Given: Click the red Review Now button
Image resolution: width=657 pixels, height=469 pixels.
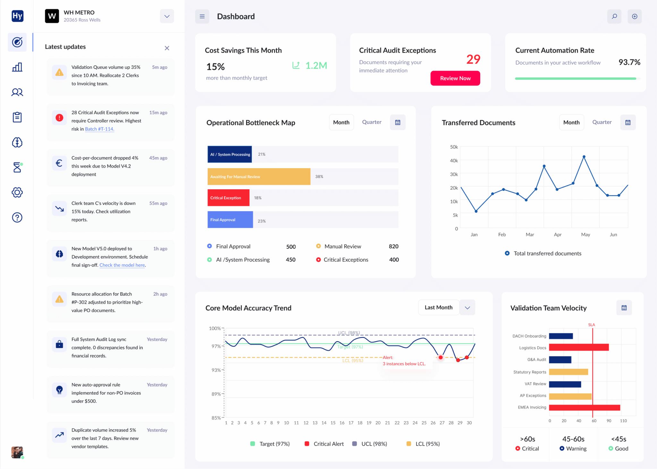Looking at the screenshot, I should click(x=455, y=78).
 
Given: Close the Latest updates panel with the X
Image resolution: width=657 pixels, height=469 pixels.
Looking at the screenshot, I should click(x=167, y=48).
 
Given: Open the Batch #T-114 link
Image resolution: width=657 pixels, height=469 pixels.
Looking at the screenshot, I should click(x=99, y=129).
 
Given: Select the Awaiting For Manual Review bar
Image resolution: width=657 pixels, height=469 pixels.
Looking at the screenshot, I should click(x=259, y=176).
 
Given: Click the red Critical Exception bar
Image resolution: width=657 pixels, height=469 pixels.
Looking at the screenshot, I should click(x=228, y=198).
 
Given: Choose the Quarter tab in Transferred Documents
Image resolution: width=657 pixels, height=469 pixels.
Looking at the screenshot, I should click(x=602, y=122).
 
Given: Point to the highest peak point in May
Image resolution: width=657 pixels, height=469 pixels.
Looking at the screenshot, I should click(x=584, y=157).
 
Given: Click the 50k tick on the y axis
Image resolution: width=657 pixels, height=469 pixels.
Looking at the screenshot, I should click(x=454, y=147).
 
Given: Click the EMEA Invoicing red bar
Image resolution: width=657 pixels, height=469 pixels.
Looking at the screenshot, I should click(x=584, y=407).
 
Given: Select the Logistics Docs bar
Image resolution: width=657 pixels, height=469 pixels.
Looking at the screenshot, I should click(x=578, y=347).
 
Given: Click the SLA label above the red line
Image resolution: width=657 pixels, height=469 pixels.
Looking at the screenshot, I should click(x=591, y=325).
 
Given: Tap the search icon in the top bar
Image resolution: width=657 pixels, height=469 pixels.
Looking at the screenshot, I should click(x=614, y=16).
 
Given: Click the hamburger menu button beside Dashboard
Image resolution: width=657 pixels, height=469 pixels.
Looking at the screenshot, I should click(x=202, y=16).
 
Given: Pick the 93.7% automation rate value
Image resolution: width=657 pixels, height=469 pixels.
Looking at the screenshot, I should click(x=629, y=62).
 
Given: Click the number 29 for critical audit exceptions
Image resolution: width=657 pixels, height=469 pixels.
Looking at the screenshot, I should click(x=473, y=59).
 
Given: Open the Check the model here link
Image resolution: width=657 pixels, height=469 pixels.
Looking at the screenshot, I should click(x=122, y=265).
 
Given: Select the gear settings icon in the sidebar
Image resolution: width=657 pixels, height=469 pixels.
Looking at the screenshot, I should click(x=17, y=192).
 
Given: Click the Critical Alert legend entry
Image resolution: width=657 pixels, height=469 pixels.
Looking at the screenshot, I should click(x=324, y=444).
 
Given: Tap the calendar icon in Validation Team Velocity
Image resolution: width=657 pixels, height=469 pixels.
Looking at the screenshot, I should click(x=624, y=308).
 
